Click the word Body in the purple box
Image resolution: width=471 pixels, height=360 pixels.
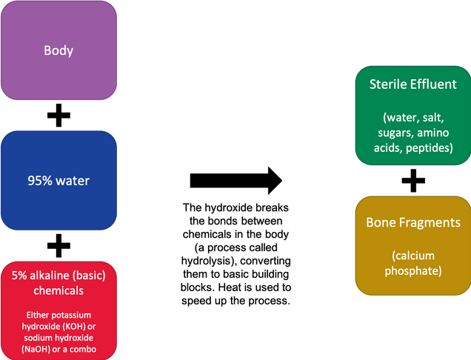pyautogui.click(x=59, y=50)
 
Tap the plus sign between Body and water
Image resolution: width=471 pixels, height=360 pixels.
pyautogui.click(x=59, y=116)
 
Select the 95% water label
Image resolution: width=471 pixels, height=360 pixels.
pyautogui.click(x=59, y=181)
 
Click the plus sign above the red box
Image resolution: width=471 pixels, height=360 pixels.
pyautogui.click(x=59, y=246)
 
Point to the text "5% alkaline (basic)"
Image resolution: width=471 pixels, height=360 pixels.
pyautogui.click(x=59, y=276)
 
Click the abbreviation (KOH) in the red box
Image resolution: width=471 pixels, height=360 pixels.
pyautogui.click(x=73, y=327)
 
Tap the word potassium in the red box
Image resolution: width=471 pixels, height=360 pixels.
pyautogui.click(x=74, y=316)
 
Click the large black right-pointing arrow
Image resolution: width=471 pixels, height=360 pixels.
pyautogui.click(x=236, y=181)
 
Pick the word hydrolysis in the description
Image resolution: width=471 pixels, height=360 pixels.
pyautogui.click(x=207, y=261)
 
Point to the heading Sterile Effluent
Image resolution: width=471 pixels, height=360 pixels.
pyautogui.click(x=413, y=84)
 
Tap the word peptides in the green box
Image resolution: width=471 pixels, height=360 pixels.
pyautogui.click(x=430, y=148)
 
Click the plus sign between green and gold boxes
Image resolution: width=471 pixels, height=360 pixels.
pyautogui.click(x=413, y=181)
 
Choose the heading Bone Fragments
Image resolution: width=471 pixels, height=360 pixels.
pyautogui.click(x=413, y=223)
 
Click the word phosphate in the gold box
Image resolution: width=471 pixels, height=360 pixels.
pyautogui.click(x=413, y=271)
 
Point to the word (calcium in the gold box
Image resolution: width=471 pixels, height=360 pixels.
pyautogui.click(x=413, y=256)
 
